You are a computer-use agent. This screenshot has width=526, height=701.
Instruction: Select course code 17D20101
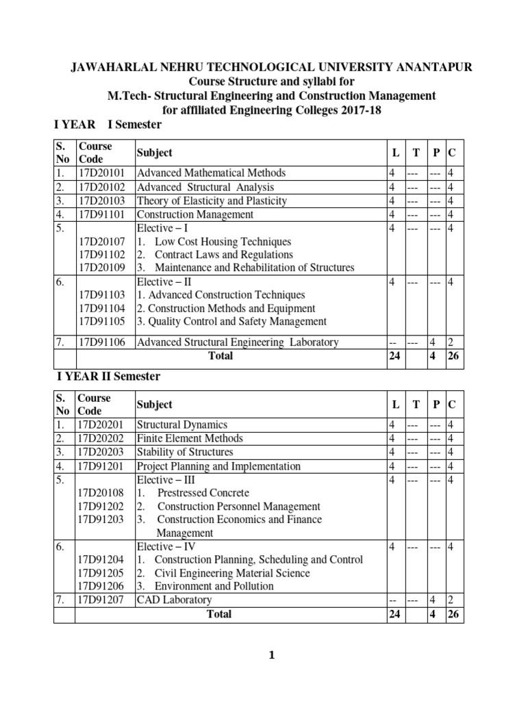102,173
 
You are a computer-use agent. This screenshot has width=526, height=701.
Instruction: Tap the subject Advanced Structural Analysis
205,187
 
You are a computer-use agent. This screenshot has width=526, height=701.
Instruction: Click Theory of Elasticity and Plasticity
212,201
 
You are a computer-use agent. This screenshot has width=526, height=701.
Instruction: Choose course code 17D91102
102,254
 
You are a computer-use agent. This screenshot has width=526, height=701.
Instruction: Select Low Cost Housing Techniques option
223,242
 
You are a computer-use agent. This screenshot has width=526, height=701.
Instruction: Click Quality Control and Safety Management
232,321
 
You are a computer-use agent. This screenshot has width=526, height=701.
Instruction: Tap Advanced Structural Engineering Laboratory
238,342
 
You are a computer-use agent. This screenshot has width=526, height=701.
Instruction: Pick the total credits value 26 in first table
455,355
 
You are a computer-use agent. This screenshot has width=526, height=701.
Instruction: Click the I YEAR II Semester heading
108,376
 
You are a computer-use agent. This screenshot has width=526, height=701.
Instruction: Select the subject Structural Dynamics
182,425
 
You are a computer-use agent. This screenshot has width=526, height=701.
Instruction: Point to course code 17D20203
102,452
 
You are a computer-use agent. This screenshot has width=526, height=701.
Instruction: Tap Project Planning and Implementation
218,466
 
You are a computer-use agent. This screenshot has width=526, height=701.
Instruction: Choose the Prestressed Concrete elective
203,492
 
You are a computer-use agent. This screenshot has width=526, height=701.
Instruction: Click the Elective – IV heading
165,546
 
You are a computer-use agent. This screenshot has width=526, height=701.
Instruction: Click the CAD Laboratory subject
174,600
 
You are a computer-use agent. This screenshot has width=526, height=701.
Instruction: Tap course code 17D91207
102,600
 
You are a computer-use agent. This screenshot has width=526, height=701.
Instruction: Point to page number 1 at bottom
271,656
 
